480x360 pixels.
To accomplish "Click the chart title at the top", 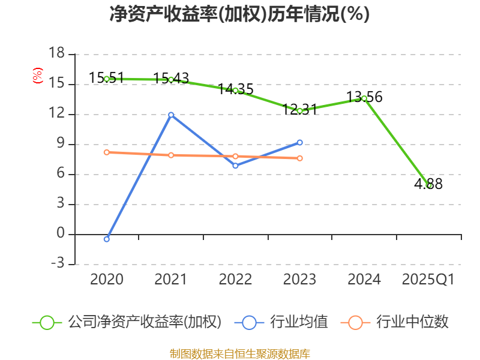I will click(239, 14).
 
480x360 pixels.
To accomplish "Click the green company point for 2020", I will click(107, 79).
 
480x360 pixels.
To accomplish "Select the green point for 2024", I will click(364, 98).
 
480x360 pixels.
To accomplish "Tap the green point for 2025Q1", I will click(428, 185).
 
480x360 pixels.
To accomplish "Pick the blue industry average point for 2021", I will click(171, 115).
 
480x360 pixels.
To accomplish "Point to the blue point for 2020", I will click(107, 239).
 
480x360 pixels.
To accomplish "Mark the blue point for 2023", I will click(299, 142).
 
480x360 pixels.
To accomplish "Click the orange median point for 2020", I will click(107, 152).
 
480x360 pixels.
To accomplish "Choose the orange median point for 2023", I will click(299, 158).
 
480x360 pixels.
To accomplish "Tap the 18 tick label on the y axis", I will click(56, 54).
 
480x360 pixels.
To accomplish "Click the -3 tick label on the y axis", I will click(56, 264).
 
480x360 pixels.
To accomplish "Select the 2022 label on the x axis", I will click(235, 280).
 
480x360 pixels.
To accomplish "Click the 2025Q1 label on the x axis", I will click(428, 280).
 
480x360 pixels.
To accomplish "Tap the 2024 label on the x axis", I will click(364, 280).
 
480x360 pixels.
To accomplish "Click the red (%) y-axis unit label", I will click(38, 76).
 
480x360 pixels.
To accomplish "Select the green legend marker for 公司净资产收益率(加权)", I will click(47, 322).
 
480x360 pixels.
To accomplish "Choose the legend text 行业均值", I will click(299, 322).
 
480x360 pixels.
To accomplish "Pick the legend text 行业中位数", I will click(412, 322).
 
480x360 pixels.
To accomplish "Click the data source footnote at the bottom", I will click(239, 353).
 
